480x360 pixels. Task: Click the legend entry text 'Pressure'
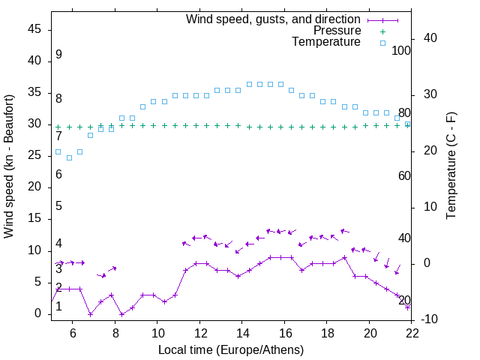point(337,31)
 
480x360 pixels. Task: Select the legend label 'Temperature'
point(326,42)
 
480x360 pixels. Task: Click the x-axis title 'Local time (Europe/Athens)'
point(232,349)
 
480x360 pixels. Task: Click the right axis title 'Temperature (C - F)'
point(451,165)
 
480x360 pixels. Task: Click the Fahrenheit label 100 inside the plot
point(402,50)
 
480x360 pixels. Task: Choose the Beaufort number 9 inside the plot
point(58,55)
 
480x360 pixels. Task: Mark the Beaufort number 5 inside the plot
point(58,206)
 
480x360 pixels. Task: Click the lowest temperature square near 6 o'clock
point(69,157)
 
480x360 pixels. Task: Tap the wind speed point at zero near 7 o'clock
point(90,314)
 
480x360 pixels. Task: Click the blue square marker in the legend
point(382,43)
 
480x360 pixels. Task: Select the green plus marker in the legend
point(382,31)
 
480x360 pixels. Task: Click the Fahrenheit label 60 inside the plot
point(404,175)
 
